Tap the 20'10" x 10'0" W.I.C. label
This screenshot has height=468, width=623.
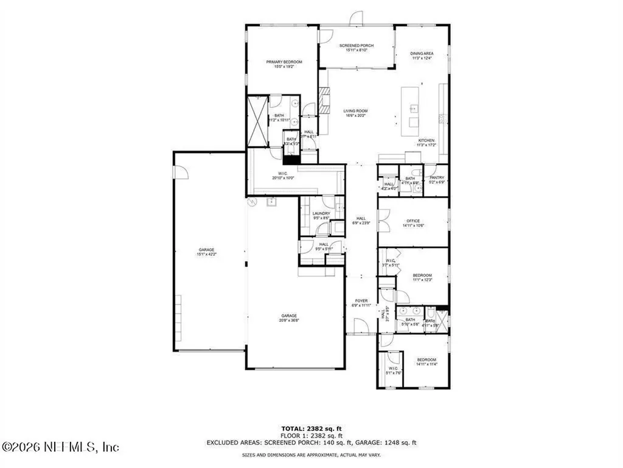point(282,176)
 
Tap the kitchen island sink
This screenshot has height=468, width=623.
point(413,109)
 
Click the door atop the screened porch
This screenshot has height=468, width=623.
point(355,18)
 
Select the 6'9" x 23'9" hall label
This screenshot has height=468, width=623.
point(361,221)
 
